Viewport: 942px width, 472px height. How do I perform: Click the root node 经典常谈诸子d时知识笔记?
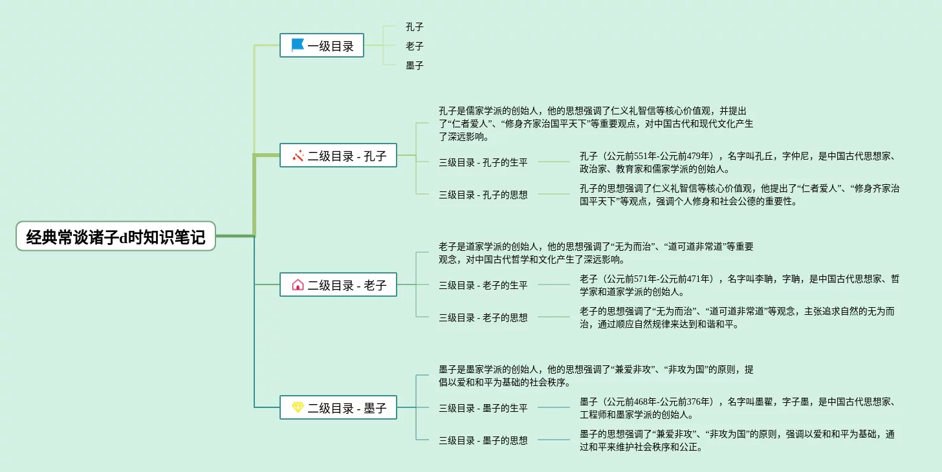coord(116,237)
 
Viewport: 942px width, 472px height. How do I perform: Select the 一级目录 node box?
coord(322,45)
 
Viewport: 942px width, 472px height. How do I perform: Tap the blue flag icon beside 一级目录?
coord(298,45)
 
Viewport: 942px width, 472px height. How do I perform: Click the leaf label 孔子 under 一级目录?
coord(415,27)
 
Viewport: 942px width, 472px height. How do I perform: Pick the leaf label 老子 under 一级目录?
coord(415,47)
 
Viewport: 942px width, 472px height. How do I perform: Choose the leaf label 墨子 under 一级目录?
coord(415,66)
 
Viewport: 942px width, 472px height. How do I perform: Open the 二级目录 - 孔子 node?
coord(338,155)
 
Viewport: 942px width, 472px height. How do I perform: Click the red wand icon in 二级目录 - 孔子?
coord(298,155)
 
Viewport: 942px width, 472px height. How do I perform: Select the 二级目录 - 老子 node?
coord(338,284)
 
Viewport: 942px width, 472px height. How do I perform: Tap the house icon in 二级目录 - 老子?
coord(298,284)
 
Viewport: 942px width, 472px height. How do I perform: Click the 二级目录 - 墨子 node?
coord(338,407)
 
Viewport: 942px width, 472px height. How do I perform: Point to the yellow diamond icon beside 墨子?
coord(298,407)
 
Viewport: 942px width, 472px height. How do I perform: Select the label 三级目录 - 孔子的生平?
coord(483,162)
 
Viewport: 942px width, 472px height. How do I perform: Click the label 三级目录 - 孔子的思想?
coord(483,195)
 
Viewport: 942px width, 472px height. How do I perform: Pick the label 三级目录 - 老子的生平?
coord(483,285)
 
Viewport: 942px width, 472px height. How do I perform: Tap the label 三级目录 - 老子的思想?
coord(483,317)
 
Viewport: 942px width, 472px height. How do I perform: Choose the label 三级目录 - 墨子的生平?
coord(483,408)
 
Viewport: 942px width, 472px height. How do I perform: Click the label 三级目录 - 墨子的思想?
coord(483,440)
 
